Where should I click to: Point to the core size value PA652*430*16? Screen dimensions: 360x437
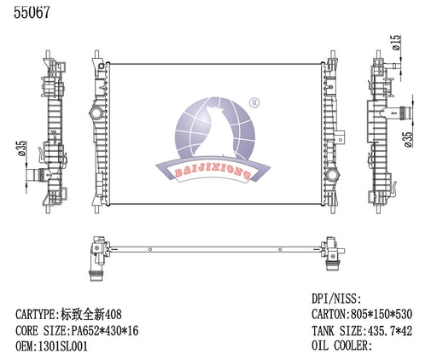[101, 328]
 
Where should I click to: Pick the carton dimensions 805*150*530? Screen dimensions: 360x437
[376, 314]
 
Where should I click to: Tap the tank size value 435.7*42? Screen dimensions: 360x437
[382, 329]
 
